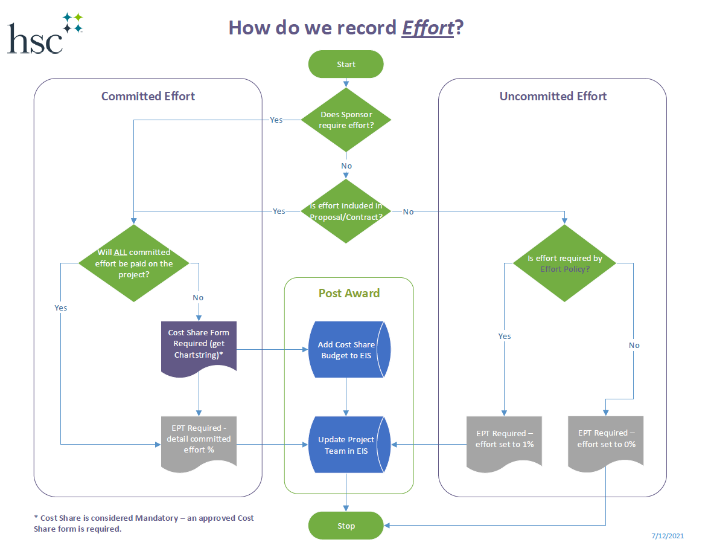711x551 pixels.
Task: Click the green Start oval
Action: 346,64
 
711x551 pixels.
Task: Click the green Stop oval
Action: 346,526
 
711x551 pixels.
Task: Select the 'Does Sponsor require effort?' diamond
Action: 346,120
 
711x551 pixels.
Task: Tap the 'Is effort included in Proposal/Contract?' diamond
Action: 346,211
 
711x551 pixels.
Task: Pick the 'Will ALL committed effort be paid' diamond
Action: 134,263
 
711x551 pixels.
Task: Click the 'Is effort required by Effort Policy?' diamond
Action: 564,263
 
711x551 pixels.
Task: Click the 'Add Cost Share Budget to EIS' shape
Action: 346,350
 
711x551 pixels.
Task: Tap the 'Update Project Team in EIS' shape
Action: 346,445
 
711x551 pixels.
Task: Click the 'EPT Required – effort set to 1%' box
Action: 504,440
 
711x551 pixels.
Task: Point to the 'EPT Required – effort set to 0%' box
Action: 605,439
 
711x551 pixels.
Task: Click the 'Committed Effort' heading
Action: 148,96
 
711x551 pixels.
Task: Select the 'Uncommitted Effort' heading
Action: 553,96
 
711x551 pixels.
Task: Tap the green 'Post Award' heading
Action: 349,293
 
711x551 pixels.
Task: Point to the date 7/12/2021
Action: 668,536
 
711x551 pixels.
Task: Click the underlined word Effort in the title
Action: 427,28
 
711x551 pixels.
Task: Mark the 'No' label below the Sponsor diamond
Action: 346,166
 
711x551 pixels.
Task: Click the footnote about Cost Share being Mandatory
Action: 144,523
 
